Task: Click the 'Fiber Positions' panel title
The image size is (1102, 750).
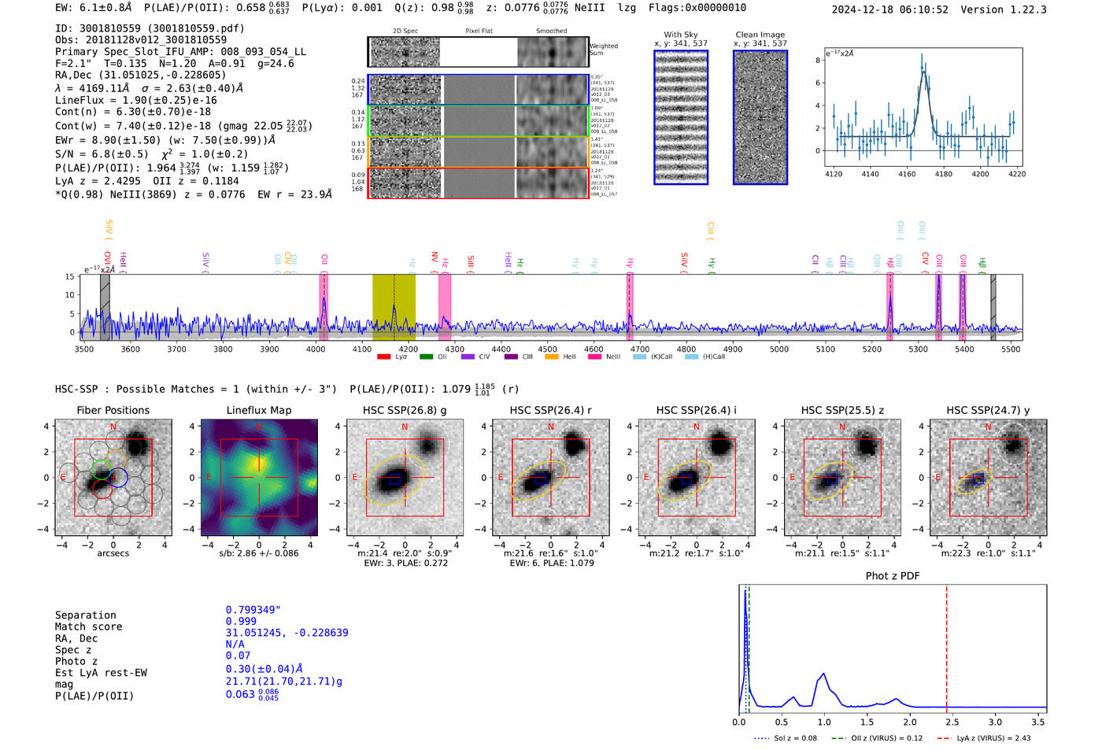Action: click(113, 410)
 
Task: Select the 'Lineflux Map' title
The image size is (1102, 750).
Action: click(258, 410)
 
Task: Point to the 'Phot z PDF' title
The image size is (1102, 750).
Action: click(893, 576)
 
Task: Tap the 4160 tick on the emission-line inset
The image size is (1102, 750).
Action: click(907, 174)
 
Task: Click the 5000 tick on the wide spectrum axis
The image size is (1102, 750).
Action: click(778, 349)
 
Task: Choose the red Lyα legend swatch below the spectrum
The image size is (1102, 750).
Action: click(383, 357)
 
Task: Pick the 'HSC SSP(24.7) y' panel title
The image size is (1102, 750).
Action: click(988, 410)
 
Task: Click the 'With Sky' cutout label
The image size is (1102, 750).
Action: click(681, 35)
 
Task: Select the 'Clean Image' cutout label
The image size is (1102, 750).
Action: click(760, 35)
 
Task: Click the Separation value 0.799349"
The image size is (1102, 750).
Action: click(253, 610)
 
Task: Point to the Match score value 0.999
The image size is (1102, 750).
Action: click(241, 622)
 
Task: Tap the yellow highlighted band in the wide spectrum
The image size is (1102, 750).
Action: click(394, 307)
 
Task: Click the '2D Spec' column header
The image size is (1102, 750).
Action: click(405, 31)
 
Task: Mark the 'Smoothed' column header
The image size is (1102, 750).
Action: click(551, 31)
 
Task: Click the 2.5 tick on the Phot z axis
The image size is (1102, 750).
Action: click(952, 722)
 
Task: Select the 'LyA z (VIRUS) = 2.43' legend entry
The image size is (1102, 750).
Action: click(993, 738)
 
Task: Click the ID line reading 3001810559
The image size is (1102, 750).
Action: click(150, 28)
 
